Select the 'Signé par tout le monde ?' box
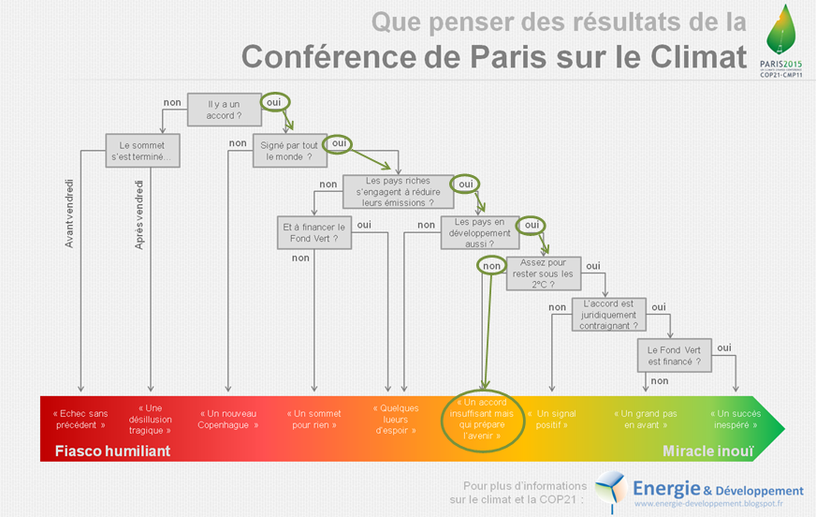coord(288,150)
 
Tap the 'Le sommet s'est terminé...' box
coord(142,151)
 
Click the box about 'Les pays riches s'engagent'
coord(396,190)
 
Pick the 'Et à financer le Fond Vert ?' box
coord(313,232)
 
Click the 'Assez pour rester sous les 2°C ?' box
coord(543,273)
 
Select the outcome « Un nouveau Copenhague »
coord(227,419)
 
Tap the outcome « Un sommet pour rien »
coord(313,419)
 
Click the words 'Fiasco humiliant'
coord(112,451)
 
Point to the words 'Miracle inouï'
coord(707,451)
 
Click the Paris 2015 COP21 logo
coord(780,41)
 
